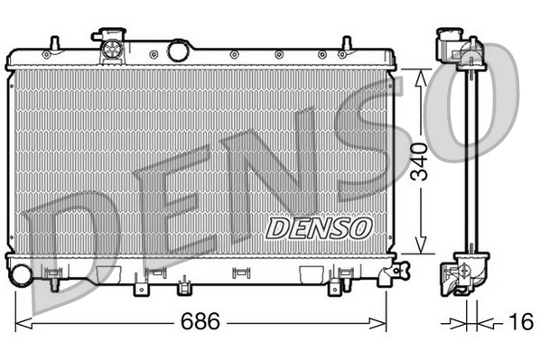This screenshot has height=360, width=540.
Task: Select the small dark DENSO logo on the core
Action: click(x=317, y=226)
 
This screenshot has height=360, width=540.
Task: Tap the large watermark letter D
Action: click(x=72, y=244)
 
